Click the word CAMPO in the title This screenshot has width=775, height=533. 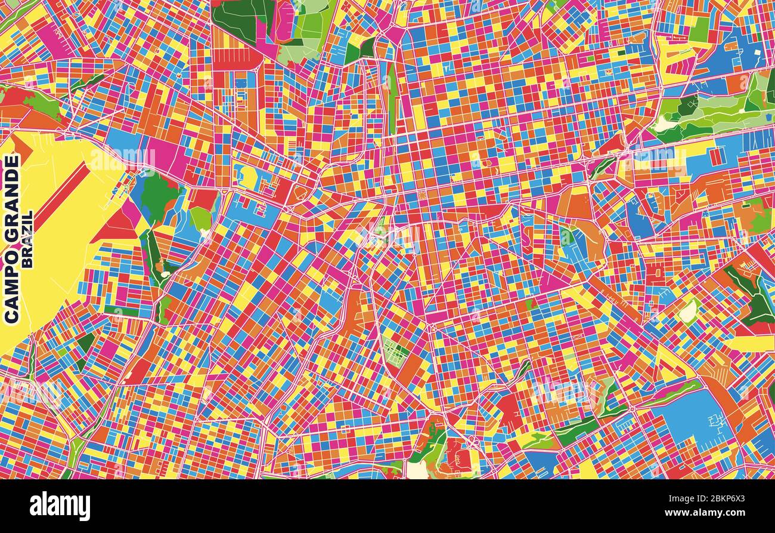tap(11, 286)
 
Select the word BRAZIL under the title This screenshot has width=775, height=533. tap(27, 238)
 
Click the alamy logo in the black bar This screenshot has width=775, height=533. tap(60, 506)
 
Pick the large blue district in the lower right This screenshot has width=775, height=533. tap(695, 418)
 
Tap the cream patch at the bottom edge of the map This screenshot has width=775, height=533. tap(417, 470)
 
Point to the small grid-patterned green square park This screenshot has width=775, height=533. tap(395, 352)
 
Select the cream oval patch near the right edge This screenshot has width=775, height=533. tap(688, 311)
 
